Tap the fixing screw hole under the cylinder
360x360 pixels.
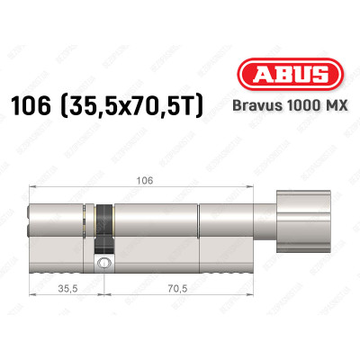click(x=105, y=263)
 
